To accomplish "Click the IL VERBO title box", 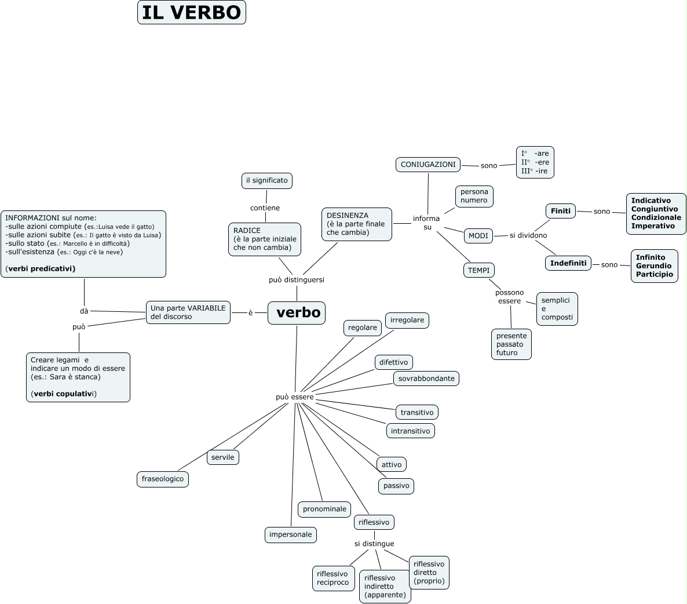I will pyautogui.click(x=192, y=12).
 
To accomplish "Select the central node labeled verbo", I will pyautogui.click(x=297, y=313).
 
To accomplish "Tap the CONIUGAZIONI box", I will pyautogui.click(x=428, y=165).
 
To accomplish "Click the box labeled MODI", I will pyautogui.click(x=478, y=236).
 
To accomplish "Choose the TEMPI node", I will pyautogui.click(x=479, y=270).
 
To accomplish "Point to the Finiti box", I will pyautogui.click(x=561, y=211).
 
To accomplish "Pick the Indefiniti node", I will pyautogui.click(x=568, y=263).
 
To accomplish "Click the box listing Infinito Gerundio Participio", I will pyautogui.click(x=654, y=266).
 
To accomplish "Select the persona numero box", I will pyautogui.click(x=474, y=196).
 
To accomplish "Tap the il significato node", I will pyautogui.click(x=266, y=180).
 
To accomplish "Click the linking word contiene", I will pyautogui.click(x=265, y=208).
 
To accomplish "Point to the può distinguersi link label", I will pyautogui.click(x=297, y=280).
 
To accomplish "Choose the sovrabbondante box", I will pyautogui.click(x=426, y=379).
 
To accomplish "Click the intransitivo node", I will pyautogui.click(x=410, y=431).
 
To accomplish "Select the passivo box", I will pyautogui.click(x=396, y=486).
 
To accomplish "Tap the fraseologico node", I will pyautogui.click(x=163, y=479).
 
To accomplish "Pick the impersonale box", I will pyautogui.click(x=291, y=534).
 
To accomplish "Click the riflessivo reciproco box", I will pyautogui.click(x=333, y=578).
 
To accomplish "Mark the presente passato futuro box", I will pyautogui.click(x=511, y=344).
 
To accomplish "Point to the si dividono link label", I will pyautogui.click(x=528, y=235).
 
